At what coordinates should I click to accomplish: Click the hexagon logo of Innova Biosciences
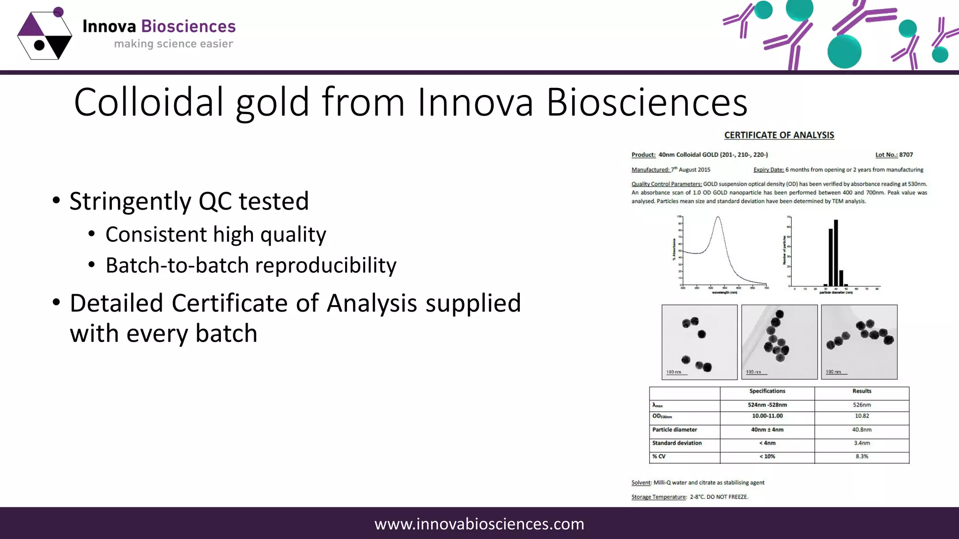pos(44,36)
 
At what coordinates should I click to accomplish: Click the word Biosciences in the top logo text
pos(188,27)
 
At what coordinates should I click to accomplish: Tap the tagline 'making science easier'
pos(173,44)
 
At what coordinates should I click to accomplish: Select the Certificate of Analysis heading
pos(779,135)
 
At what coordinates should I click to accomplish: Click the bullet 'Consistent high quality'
pos(215,234)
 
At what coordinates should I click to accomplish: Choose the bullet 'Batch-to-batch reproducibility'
pos(251,265)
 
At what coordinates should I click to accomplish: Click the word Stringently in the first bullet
pos(130,201)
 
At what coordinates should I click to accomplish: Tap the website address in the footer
pos(479,524)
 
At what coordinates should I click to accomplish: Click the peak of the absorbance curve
pos(718,217)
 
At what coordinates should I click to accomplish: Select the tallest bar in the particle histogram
pos(836,253)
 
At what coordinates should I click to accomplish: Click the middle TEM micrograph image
pos(779,342)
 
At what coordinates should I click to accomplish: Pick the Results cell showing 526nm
pos(862,405)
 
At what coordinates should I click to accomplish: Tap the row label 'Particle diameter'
pos(674,430)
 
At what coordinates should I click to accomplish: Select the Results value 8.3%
pos(862,456)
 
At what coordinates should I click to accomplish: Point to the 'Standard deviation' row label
pos(677,443)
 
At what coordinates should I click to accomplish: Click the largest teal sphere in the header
pos(844,51)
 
